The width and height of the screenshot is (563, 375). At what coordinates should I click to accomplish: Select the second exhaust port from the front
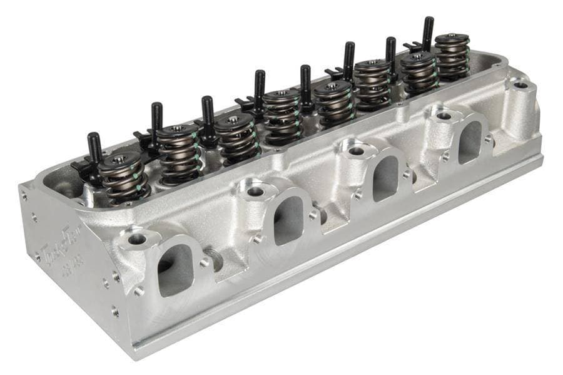(x=288, y=220)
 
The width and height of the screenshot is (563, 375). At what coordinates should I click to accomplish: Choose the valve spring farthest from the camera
(x=452, y=56)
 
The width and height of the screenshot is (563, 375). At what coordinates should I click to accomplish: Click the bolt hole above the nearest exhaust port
(x=136, y=239)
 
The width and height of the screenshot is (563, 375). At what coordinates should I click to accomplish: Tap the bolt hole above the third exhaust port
(x=356, y=151)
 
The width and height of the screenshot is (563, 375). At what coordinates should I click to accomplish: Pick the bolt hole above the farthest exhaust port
(x=444, y=116)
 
